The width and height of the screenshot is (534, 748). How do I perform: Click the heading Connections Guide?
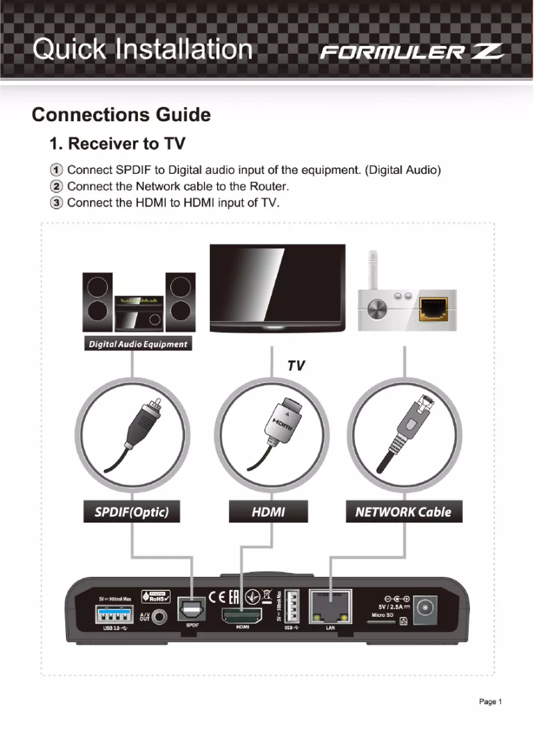click(x=121, y=115)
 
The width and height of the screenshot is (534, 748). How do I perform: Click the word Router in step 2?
click(x=267, y=186)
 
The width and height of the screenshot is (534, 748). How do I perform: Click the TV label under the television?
click(x=296, y=365)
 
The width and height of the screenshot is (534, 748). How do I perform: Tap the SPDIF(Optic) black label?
click(x=131, y=512)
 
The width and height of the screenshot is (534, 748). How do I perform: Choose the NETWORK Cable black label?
click(x=403, y=512)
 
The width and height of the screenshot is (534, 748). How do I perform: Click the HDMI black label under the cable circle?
click(x=268, y=512)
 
